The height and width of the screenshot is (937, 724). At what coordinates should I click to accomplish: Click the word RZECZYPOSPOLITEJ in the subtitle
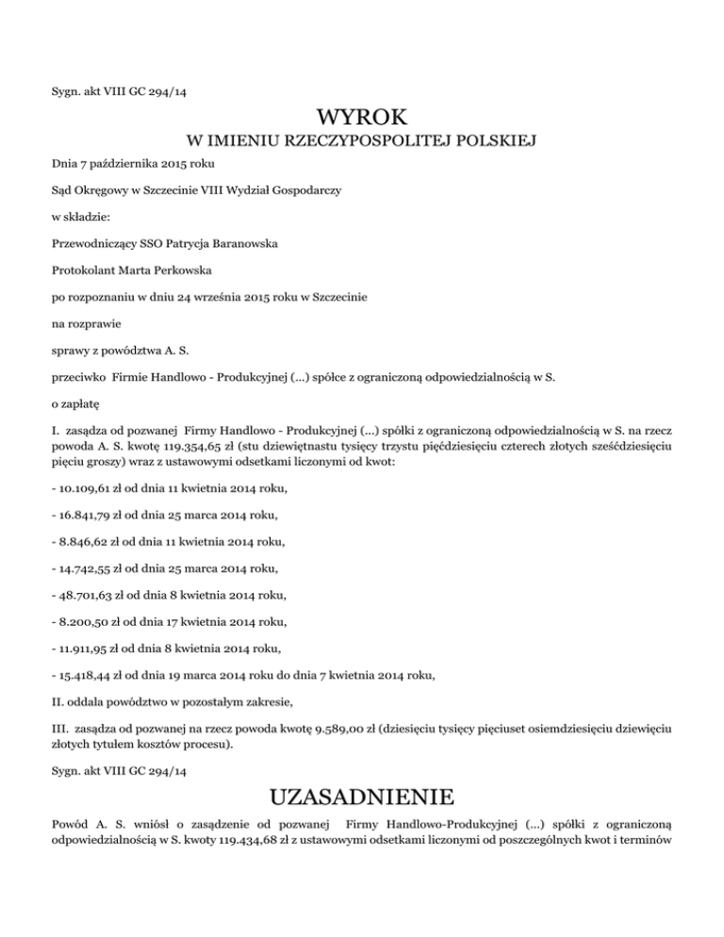click(357, 143)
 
